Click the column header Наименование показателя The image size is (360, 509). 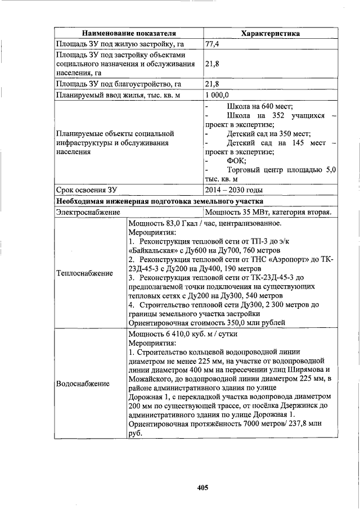129,34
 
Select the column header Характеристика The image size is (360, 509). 270,34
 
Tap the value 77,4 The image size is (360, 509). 212,44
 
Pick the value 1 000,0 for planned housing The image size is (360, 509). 217,95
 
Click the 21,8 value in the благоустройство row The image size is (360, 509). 212,84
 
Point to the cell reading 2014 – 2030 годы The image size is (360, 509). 233,190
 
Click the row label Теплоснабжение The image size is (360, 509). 84,273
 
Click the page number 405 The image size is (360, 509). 202,488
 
